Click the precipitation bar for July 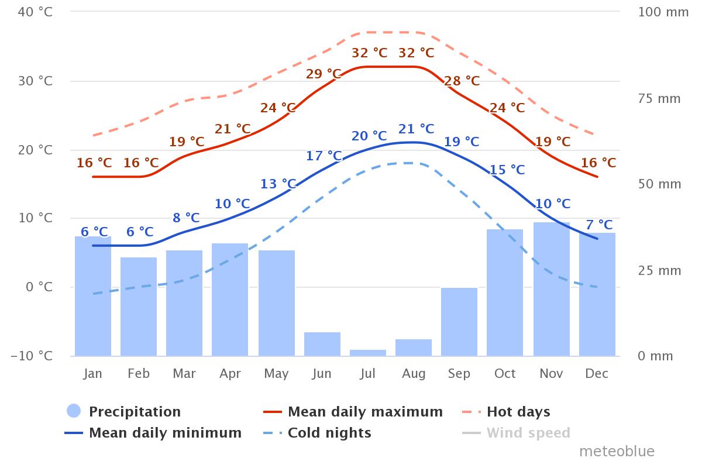point(367,353)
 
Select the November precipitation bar point(551,289)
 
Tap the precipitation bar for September point(459,322)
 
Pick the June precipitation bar point(322,344)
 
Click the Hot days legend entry point(518,412)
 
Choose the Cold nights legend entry point(329,433)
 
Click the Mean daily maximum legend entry point(365,412)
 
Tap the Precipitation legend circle point(74,412)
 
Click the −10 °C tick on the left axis point(32,356)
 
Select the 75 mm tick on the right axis point(659,98)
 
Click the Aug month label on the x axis point(413,374)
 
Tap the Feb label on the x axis point(138,374)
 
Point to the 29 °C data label point(324,74)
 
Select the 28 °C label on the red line point(462,81)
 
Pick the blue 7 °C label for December point(599,225)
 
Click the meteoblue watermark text point(617,452)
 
